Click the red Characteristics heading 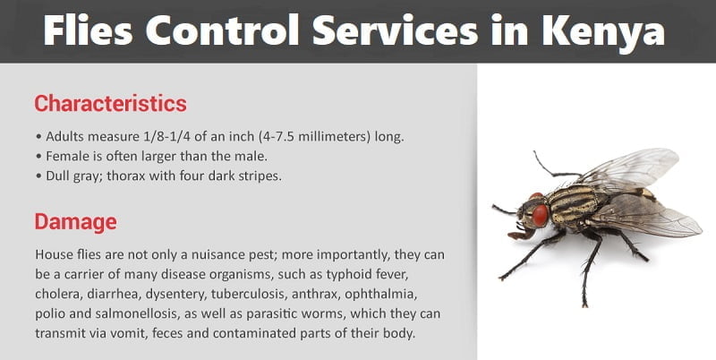pos(110,103)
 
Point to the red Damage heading pos(75,220)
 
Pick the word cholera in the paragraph pos(60,293)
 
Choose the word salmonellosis pos(139,313)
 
